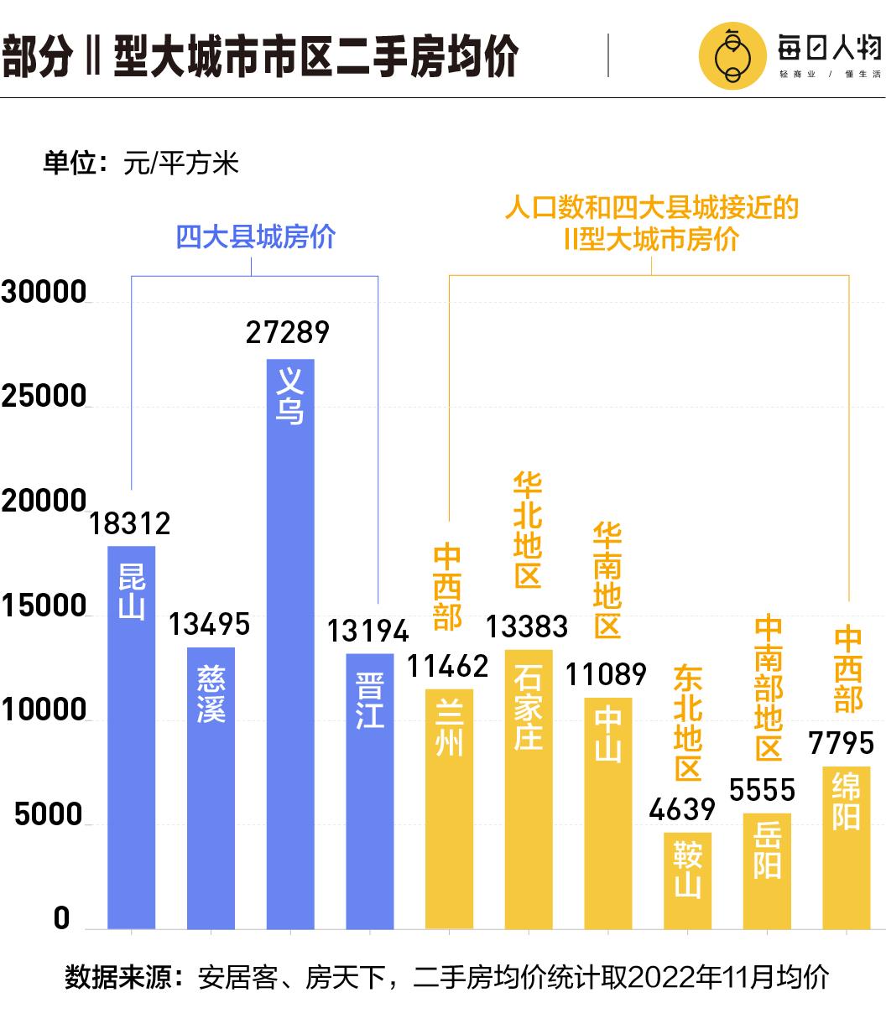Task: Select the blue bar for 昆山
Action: [x=132, y=737]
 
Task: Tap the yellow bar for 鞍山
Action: [x=687, y=881]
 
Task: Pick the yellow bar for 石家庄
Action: [x=529, y=789]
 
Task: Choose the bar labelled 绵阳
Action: [x=846, y=848]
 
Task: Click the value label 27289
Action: [x=288, y=332]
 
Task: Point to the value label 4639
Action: [x=682, y=809]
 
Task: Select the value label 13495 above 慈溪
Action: [x=210, y=624]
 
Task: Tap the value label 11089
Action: [x=606, y=674]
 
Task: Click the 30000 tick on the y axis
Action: [x=44, y=293]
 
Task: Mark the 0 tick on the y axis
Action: [x=61, y=918]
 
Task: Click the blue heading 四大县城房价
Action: [x=255, y=236]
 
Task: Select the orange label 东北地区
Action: [x=688, y=724]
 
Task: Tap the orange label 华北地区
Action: [x=528, y=530]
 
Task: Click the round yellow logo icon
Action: [x=732, y=56]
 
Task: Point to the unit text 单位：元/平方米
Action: [x=141, y=163]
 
